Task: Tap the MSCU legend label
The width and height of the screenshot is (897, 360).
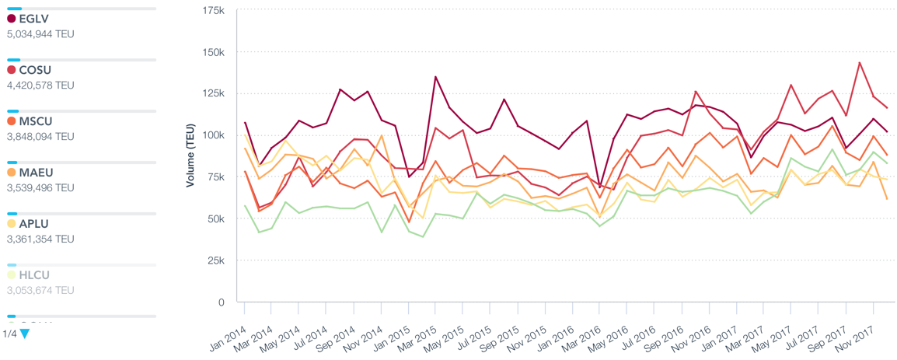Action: coord(37,121)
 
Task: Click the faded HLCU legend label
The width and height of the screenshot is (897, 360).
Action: coord(36,275)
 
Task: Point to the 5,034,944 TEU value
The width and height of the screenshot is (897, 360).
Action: coord(40,34)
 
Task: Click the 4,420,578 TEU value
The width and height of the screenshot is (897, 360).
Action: coord(40,86)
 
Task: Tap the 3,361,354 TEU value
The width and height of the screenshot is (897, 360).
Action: coord(40,239)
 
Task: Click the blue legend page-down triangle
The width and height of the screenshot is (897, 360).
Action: coord(25,334)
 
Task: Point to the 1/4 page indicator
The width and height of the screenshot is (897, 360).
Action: coord(9,334)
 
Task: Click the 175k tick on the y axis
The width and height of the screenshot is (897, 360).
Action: coord(212,10)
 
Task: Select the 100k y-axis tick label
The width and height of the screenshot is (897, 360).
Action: coord(212,135)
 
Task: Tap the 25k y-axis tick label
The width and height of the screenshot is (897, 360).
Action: coord(215,260)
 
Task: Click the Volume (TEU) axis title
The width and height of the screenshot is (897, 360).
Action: coord(190,156)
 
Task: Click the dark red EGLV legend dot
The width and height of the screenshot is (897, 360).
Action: coord(12,19)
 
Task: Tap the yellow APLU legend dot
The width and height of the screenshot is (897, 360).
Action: coord(12,224)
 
